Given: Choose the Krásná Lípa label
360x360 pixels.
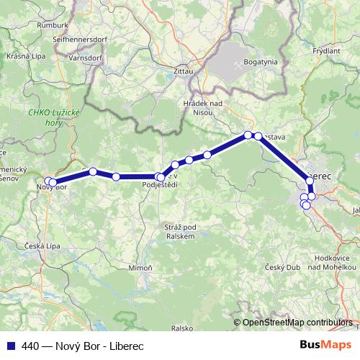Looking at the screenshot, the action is click(x=26, y=55).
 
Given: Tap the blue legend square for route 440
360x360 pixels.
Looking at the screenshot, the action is click(x=10, y=346).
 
